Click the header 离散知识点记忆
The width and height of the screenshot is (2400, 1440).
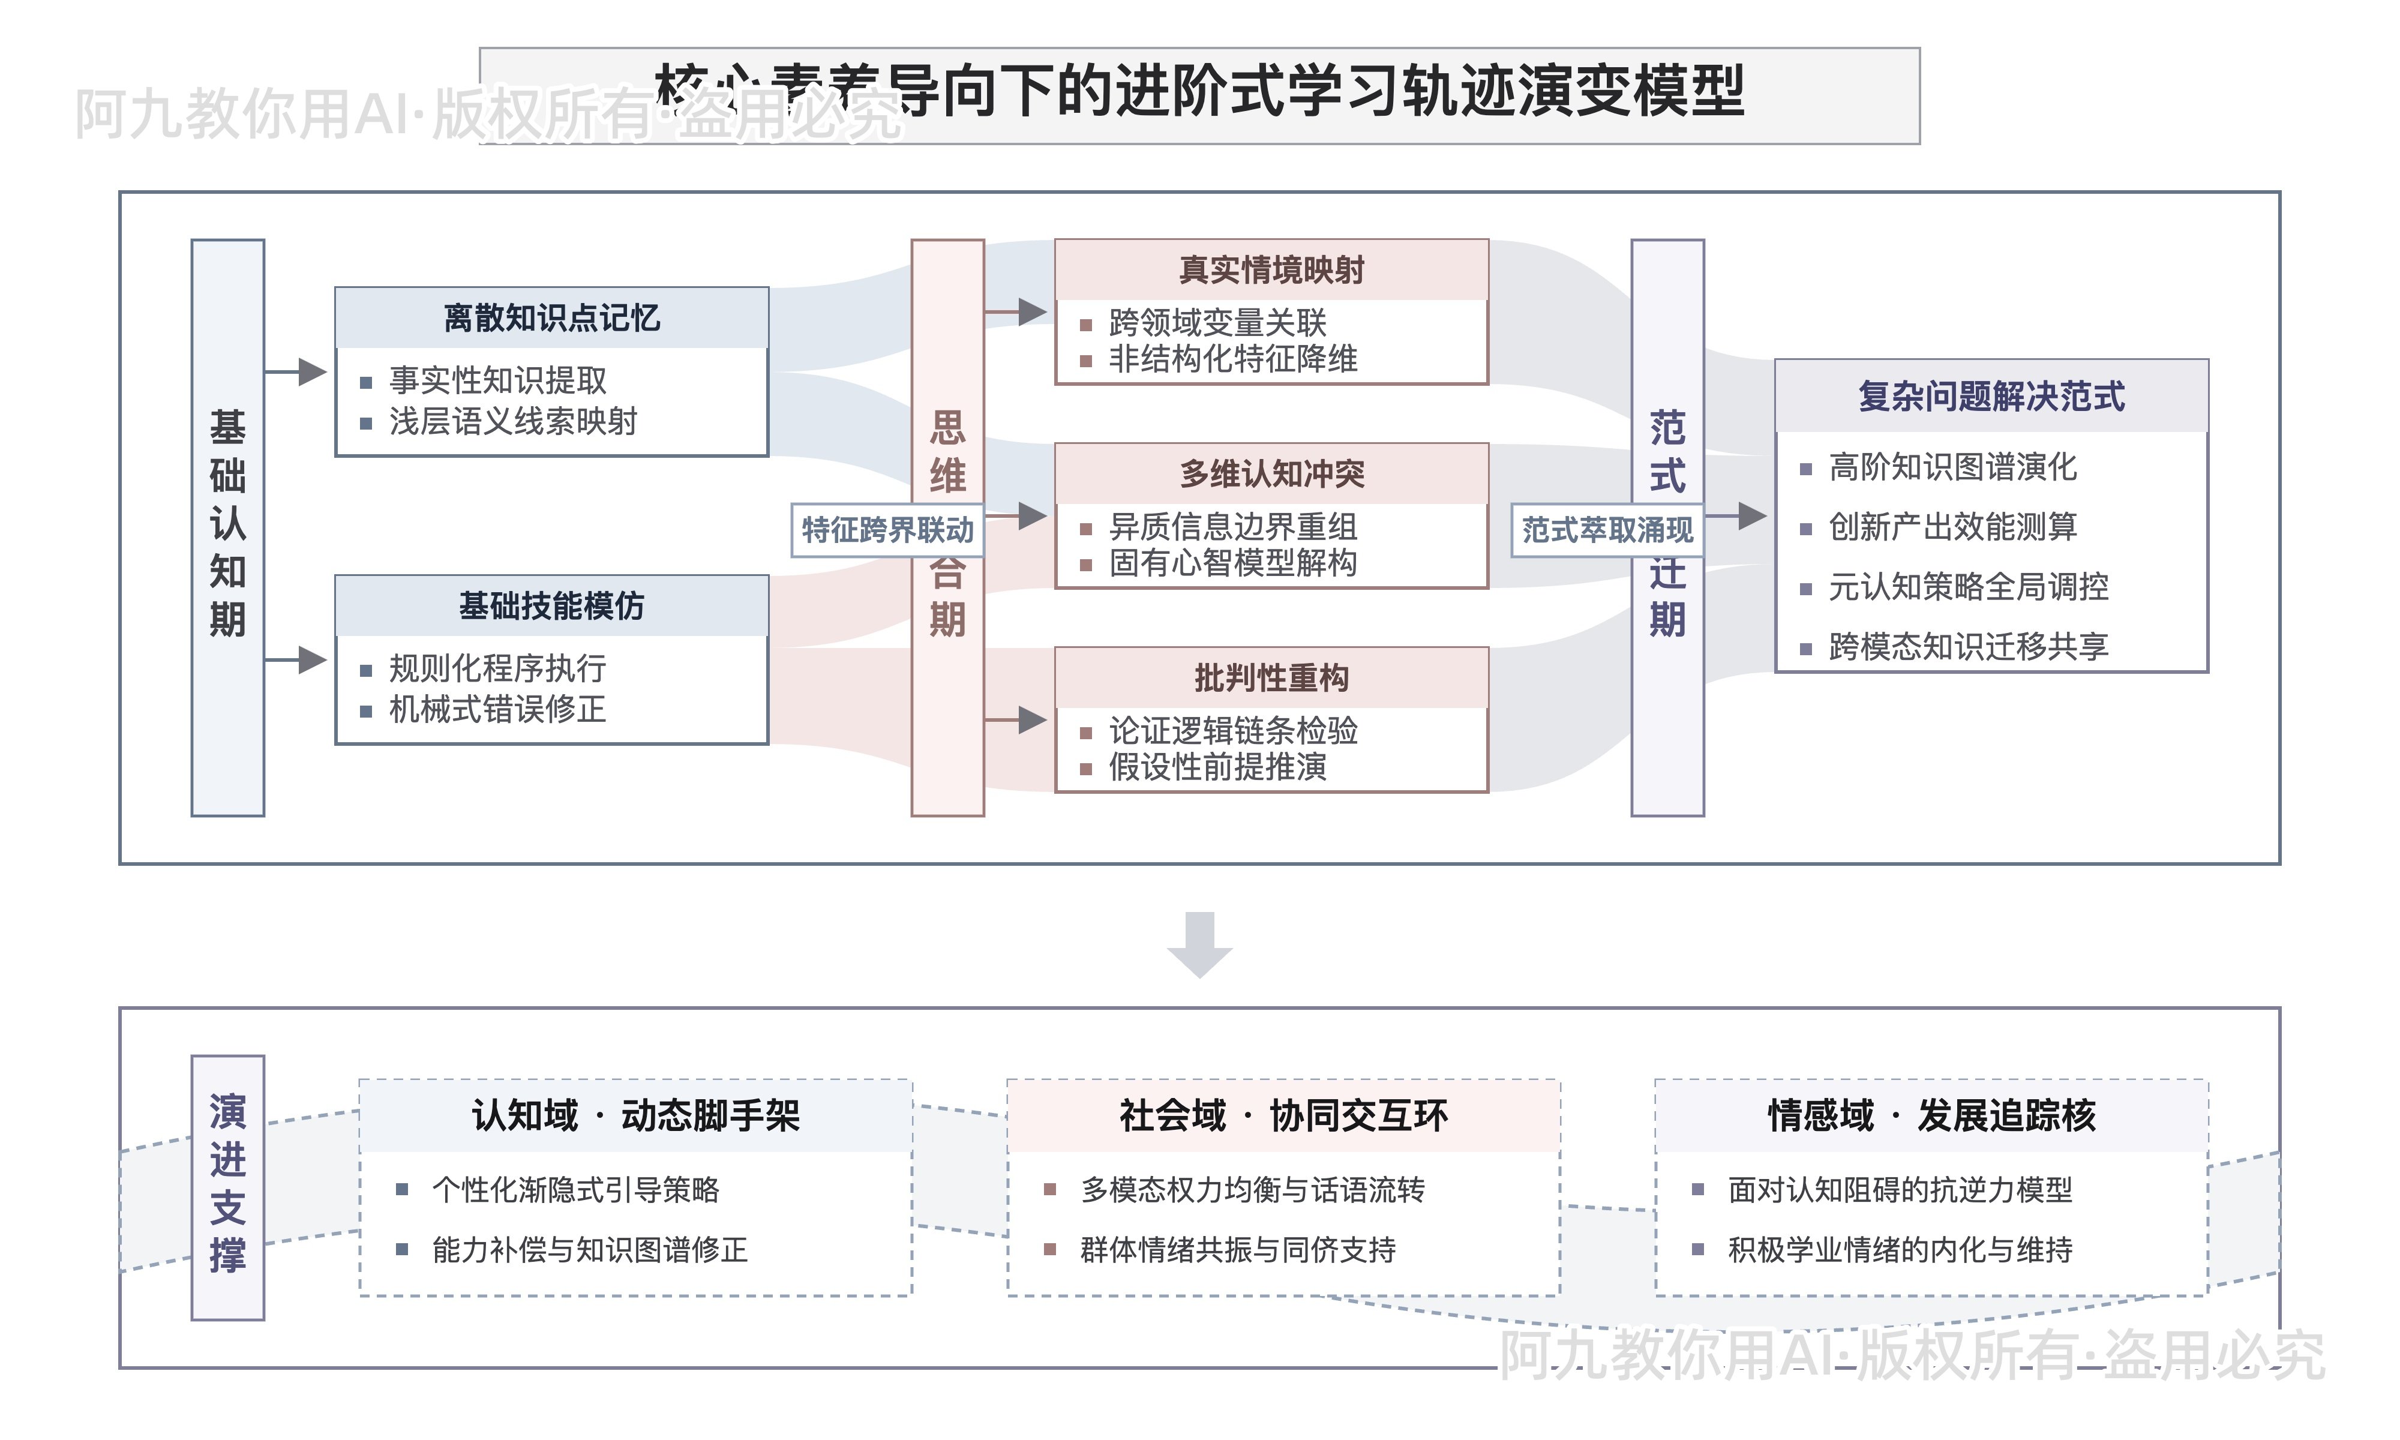coord(551,318)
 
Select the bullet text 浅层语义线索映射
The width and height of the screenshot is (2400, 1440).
coord(513,422)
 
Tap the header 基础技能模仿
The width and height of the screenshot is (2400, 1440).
coord(551,607)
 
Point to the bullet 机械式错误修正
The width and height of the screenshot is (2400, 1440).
coord(497,709)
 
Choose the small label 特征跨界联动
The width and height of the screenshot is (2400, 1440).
coord(887,530)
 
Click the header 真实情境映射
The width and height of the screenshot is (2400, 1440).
coord(1271,270)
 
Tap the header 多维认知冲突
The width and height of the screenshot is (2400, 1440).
coord(1271,475)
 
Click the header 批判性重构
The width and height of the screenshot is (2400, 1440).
coord(1271,678)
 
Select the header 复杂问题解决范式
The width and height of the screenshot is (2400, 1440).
coord(1991,397)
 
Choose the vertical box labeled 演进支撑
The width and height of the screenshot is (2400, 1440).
coord(228,1186)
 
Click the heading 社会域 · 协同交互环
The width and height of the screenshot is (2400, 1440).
coord(1282,1116)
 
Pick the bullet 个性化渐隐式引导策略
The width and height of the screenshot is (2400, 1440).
coord(575,1190)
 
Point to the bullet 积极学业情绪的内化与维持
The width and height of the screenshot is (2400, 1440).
coord(1900,1250)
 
